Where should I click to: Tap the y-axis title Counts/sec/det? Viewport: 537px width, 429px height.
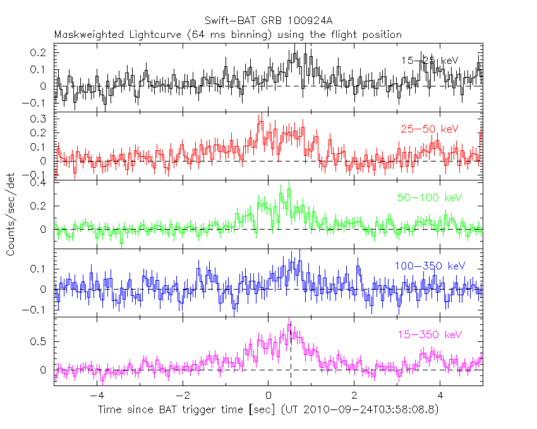(11, 216)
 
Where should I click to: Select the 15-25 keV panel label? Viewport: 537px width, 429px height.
(429, 61)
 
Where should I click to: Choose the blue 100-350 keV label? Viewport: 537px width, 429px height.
(430, 266)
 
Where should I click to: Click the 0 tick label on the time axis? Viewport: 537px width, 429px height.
(268, 396)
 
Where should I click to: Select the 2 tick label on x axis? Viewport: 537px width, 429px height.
(354, 396)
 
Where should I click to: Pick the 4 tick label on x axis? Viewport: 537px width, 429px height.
(440, 396)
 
